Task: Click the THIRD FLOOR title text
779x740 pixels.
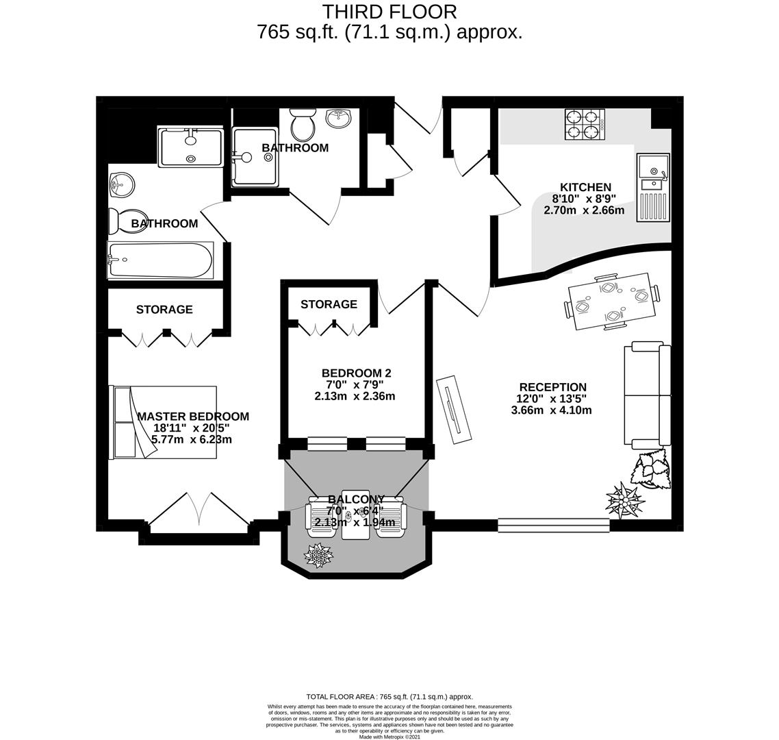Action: coord(389,12)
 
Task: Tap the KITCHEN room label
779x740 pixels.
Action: coord(585,187)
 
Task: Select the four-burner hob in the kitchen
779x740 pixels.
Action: coord(585,125)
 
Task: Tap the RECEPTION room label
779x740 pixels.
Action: coord(552,387)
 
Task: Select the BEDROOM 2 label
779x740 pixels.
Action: coord(356,373)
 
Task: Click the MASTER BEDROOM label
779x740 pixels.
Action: coord(193,417)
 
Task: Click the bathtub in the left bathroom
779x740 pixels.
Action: coord(160,260)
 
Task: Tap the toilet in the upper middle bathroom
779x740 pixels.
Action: coord(301,125)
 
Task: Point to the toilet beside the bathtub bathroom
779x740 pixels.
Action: coord(125,221)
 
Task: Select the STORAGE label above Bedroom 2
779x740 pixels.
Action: coord(329,304)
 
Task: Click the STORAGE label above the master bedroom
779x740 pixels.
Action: coord(164,310)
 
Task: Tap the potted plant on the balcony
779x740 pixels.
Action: coord(318,556)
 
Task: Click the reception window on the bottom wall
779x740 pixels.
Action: coord(553,526)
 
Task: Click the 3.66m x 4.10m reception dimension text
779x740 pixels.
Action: coord(551,410)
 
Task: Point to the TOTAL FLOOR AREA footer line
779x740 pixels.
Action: coord(389,696)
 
